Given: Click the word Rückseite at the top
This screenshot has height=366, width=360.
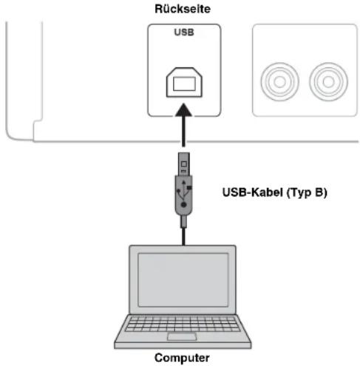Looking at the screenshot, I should coord(181,8).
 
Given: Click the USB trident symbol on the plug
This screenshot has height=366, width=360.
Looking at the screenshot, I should coord(183,193).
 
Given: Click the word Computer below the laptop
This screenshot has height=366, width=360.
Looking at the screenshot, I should coord(181,358).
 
